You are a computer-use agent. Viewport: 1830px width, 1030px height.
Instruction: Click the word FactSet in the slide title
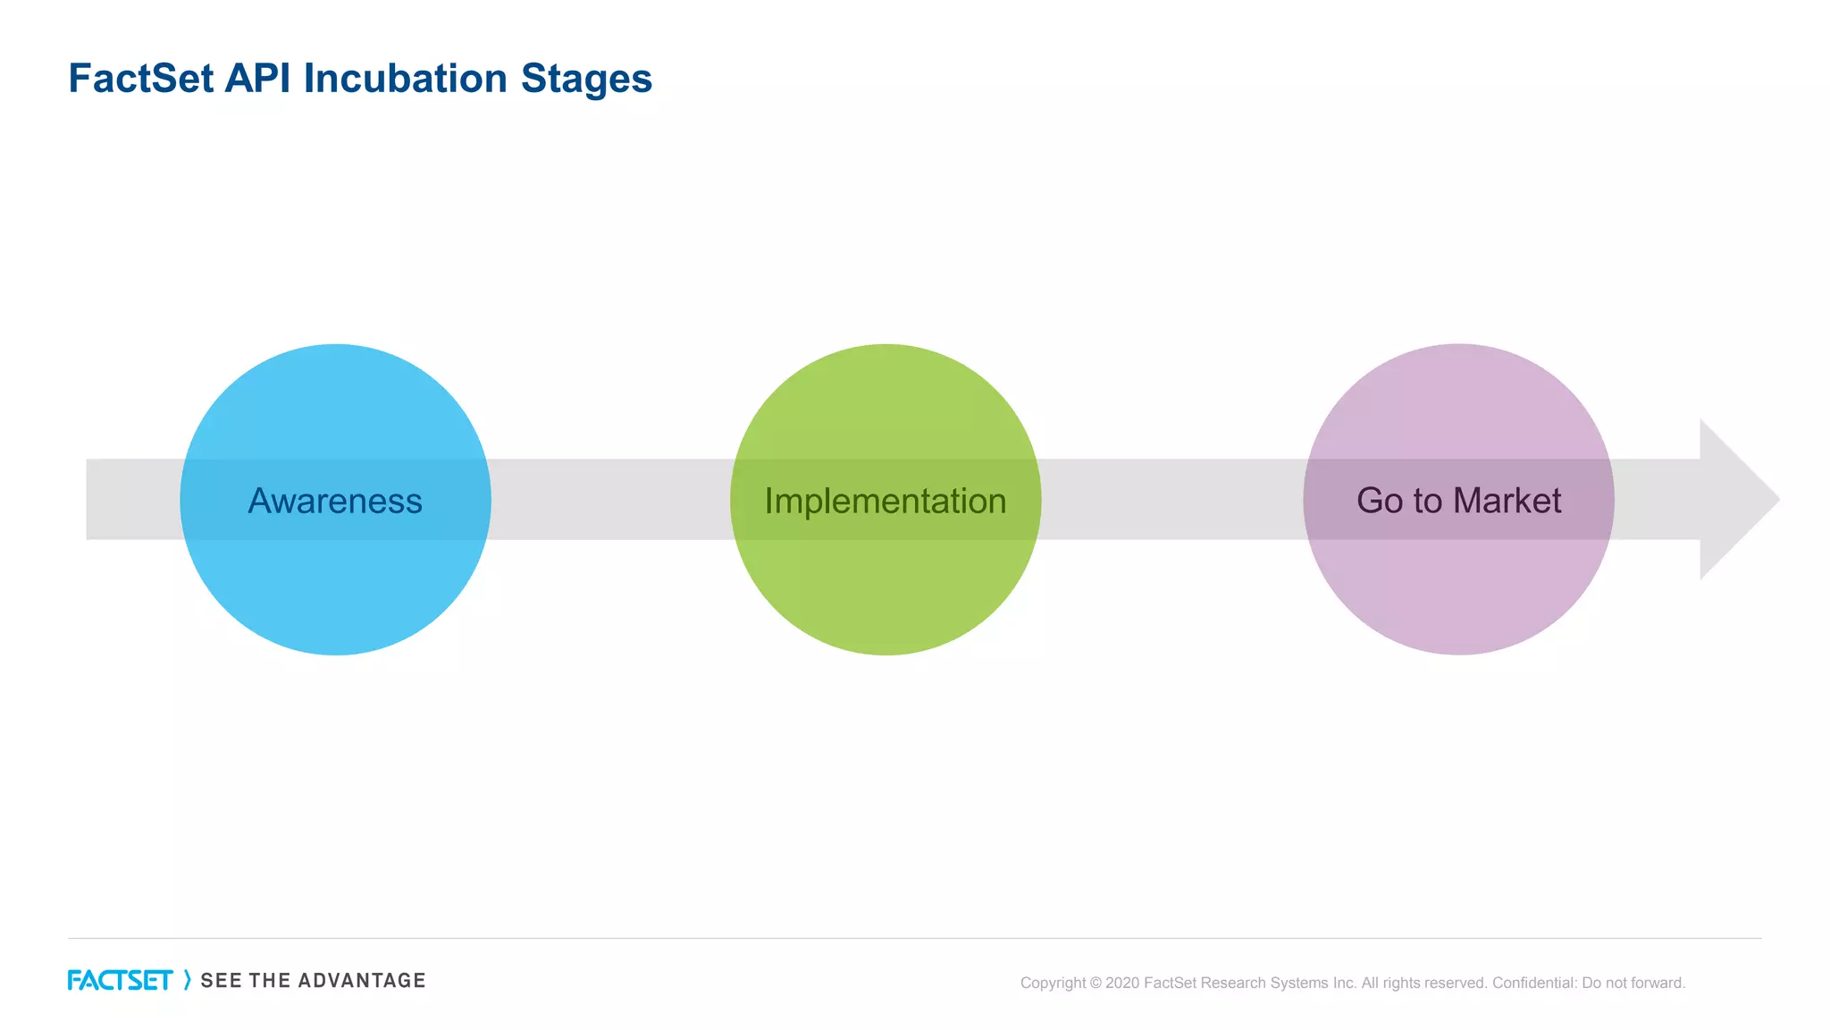click(141, 79)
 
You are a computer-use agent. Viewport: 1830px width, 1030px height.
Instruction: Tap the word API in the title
click(257, 79)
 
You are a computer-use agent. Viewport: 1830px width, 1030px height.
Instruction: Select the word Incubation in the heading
click(406, 79)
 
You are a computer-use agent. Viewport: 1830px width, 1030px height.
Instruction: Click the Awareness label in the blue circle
click(335, 501)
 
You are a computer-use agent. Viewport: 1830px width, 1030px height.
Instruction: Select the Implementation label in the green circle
click(886, 502)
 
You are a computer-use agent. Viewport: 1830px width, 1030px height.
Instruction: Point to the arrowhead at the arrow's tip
click(1738, 499)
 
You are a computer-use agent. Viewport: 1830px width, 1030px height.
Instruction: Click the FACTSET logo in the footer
click(120, 981)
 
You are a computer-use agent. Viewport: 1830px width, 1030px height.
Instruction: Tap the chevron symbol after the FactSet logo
click(187, 980)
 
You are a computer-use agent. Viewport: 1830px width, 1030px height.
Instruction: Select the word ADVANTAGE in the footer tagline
click(362, 981)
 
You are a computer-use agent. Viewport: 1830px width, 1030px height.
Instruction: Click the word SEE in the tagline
click(221, 981)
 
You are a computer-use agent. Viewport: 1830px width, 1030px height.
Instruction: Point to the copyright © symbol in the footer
click(1095, 984)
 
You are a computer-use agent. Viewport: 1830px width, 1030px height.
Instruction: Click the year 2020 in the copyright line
click(1122, 984)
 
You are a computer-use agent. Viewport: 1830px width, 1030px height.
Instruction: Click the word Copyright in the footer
click(1053, 984)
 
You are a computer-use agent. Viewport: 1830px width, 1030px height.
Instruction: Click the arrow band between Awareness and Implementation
click(610, 499)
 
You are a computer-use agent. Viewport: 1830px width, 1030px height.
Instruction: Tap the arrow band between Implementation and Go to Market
click(1171, 499)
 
